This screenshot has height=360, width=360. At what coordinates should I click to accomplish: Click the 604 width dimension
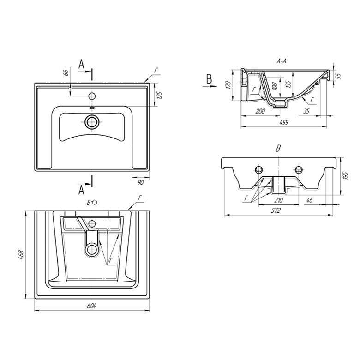pyautogui.click(x=91, y=306)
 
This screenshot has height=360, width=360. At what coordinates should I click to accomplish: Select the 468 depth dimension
pyautogui.click(x=21, y=255)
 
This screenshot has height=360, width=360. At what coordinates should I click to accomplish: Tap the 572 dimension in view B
pyautogui.click(x=276, y=210)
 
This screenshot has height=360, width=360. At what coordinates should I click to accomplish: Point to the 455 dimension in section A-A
pyautogui.click(x=284, y=122)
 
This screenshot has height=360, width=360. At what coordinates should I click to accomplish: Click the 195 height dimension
pyautogui.click(x=346, y=176)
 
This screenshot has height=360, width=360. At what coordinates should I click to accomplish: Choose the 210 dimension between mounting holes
pyautogui.click(x=278, y=200)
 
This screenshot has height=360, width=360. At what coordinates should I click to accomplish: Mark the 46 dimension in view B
pyautogui.click(x=310, y=200)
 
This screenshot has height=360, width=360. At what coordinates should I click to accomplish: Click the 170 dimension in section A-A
pyautogui.click(x=228, y=85)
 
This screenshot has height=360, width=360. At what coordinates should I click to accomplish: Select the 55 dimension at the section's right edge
pyautogui.click(x=338, y=76)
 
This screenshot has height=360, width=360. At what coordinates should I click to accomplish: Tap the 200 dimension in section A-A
pyautogui.click(x=260, y=112)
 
